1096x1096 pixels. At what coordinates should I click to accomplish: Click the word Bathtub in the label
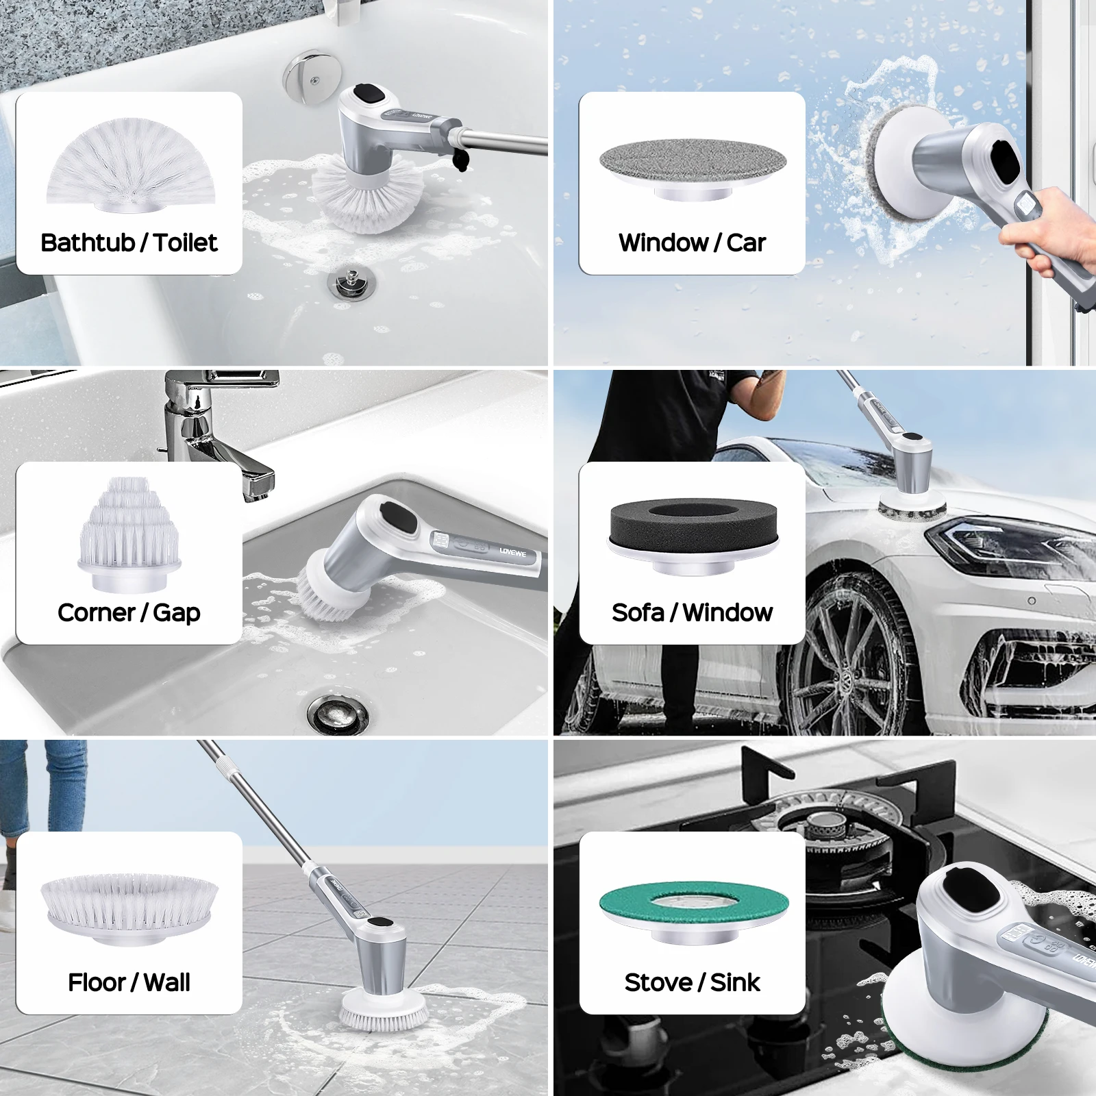click(x=88, y=242)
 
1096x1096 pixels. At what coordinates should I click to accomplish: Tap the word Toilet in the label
click(x=185, y=242)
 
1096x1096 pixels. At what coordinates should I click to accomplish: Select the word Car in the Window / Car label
click(x=746, y=242)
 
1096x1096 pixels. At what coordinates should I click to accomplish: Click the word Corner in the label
click(x=96, y=612)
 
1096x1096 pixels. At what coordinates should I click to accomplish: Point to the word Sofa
click(x=638, y=612)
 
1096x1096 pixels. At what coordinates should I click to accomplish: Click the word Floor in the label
click(x=97, y=982)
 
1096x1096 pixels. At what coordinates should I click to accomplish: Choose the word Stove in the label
click(x=658, y=982)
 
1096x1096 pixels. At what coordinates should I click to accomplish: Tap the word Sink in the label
click(x=735, y=982)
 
